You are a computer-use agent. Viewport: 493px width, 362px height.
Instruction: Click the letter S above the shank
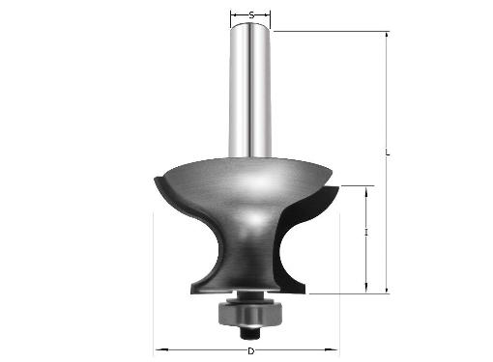click(251, 15)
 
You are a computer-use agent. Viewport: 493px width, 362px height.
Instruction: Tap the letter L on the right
click(388, 153)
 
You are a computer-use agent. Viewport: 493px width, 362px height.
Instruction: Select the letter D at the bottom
click(250, 351)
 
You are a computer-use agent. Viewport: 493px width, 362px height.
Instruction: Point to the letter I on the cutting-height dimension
click(366, 233)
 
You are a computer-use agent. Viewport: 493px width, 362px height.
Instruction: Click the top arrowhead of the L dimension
click(387, 37)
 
